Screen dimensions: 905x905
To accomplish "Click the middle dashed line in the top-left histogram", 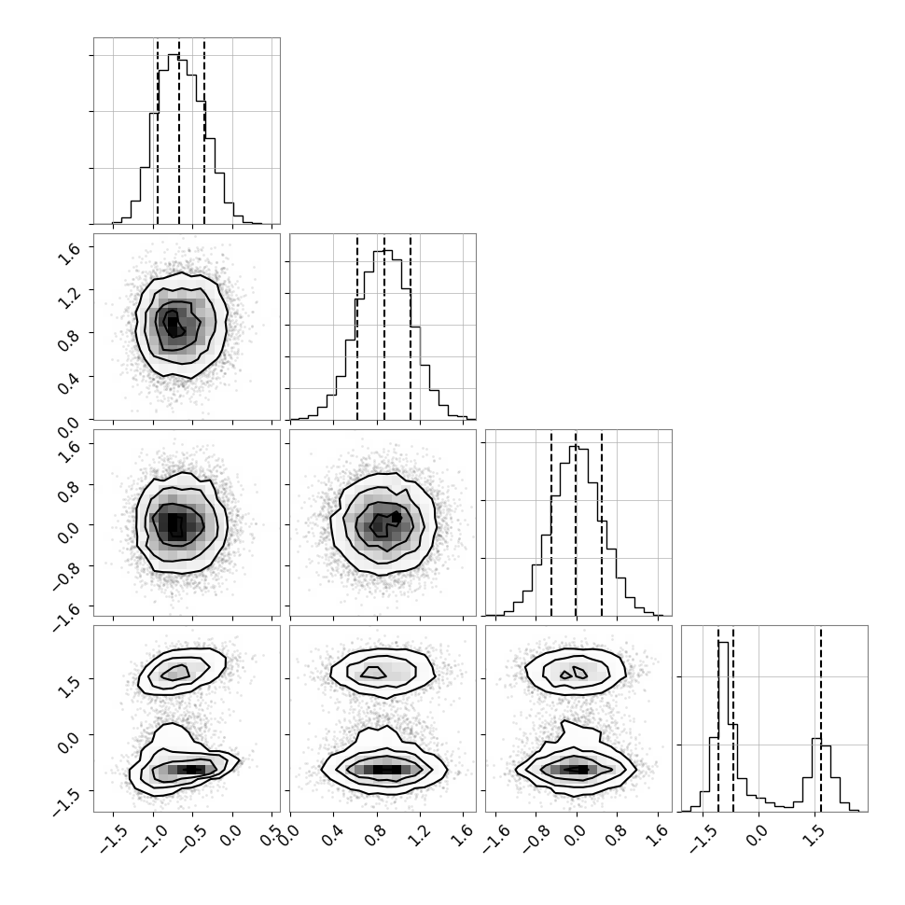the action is pyautogui.click(x=179, y=131).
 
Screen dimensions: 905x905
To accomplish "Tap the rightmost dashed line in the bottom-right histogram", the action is pyautogui.click(x=821, y=718).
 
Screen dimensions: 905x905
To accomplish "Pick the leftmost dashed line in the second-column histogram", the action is pyautogui.click(x=357, y=327).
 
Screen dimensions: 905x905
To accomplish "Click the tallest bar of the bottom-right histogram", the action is pyautogui.click(x=723, y=727).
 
